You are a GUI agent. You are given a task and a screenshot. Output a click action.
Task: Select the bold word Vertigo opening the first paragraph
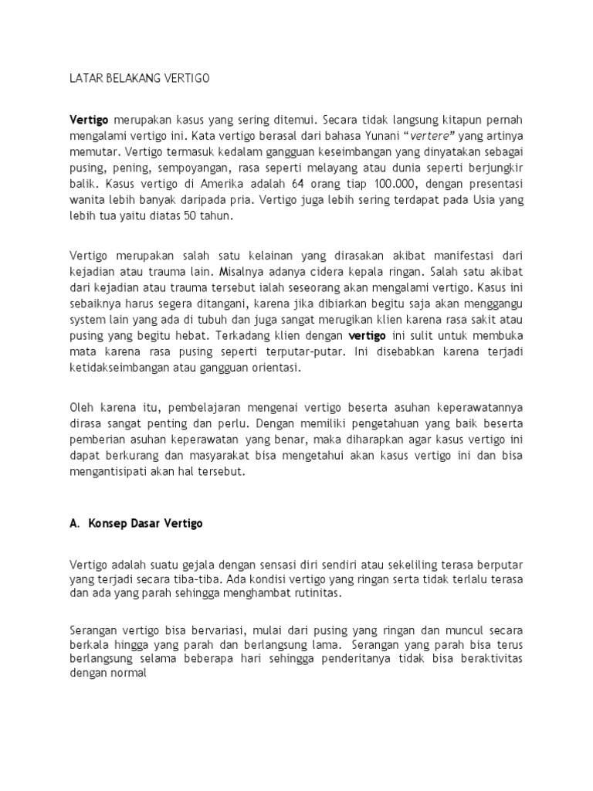[89, 121]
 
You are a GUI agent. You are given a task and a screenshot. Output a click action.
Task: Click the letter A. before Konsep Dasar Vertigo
[74, 523]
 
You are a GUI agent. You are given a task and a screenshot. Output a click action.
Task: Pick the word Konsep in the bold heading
[108, 523]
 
